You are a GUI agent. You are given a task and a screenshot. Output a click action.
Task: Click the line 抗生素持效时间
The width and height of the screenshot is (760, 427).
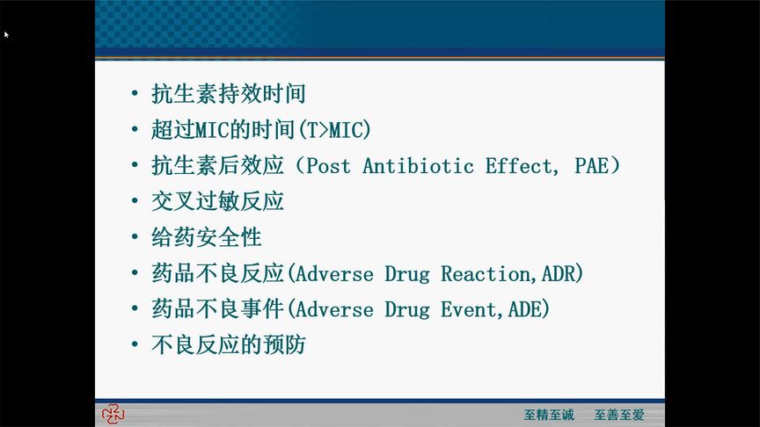click(x=228, y=94)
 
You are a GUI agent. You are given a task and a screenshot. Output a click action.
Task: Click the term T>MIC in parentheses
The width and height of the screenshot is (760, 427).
click(x=334, y=130)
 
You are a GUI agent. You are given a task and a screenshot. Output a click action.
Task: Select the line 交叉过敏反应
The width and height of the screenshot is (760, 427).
click(x=217, y=202)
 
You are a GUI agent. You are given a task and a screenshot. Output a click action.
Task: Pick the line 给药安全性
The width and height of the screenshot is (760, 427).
click(x=206, y=238)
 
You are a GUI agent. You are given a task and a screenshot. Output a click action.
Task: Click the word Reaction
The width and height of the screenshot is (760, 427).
click(x=486, y=274)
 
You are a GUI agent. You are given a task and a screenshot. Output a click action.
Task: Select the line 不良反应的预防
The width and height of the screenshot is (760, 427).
click(x=228, y=345)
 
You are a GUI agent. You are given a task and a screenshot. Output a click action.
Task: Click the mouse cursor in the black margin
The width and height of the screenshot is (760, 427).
click(x=6, y=34)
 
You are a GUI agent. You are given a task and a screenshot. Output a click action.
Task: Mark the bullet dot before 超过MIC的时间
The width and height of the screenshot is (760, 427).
click(x=134, y=130)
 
